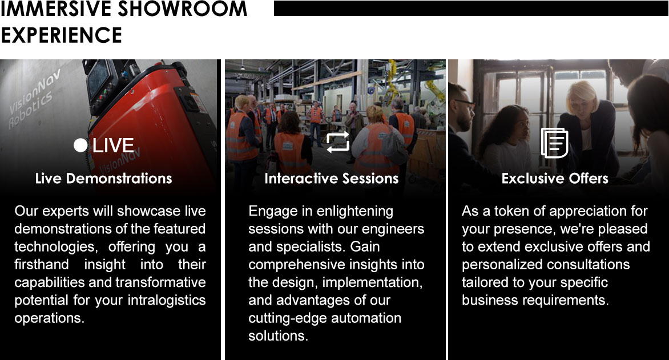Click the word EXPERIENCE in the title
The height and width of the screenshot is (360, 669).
[x=61, y=35]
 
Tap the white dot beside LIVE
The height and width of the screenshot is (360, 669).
[x=80, y=145]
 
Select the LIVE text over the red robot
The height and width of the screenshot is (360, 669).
[x=113, y=145]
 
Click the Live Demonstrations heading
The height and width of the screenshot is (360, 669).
[x=103, y=179]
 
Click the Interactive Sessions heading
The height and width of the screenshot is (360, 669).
[x=331, y=179]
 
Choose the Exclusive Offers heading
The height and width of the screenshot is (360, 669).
[x=555, y=179]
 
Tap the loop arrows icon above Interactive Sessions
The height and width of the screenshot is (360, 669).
[x=337, y=142]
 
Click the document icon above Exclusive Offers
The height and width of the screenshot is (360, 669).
[x=554, y=143]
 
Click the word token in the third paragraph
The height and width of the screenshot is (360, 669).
[x=503, y=212]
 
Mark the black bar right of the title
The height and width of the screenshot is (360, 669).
[x=471, y=8]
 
